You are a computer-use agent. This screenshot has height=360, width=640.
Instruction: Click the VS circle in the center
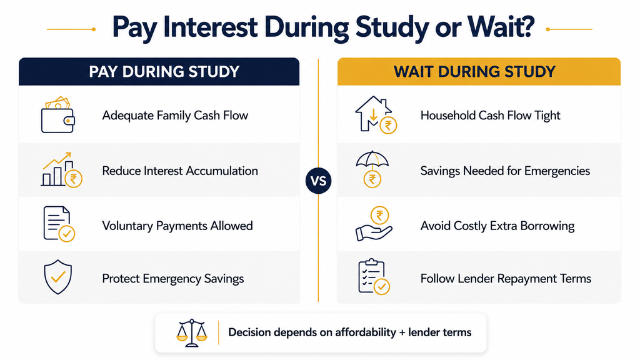coord(318,181)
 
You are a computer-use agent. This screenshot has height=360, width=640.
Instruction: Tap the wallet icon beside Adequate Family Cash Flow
coord(57,115)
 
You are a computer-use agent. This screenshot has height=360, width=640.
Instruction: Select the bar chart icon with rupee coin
coord(61,170)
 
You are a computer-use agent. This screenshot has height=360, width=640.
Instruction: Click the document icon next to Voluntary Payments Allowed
coord(58,224)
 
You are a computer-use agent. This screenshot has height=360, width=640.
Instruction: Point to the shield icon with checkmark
coord(58,277)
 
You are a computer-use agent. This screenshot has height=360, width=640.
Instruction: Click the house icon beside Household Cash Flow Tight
coord(375,115)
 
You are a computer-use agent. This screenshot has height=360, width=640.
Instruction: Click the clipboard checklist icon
coord(374,277)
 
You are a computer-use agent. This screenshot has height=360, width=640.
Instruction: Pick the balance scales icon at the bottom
coord(191,332)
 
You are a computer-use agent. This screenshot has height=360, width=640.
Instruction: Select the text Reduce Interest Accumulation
coord(180,171)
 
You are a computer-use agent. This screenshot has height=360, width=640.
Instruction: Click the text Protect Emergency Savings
coord(173,279)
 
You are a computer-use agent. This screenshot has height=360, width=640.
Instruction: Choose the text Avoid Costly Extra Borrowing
coord(497,226)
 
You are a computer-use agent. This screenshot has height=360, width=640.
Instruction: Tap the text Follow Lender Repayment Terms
coord(506,279)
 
